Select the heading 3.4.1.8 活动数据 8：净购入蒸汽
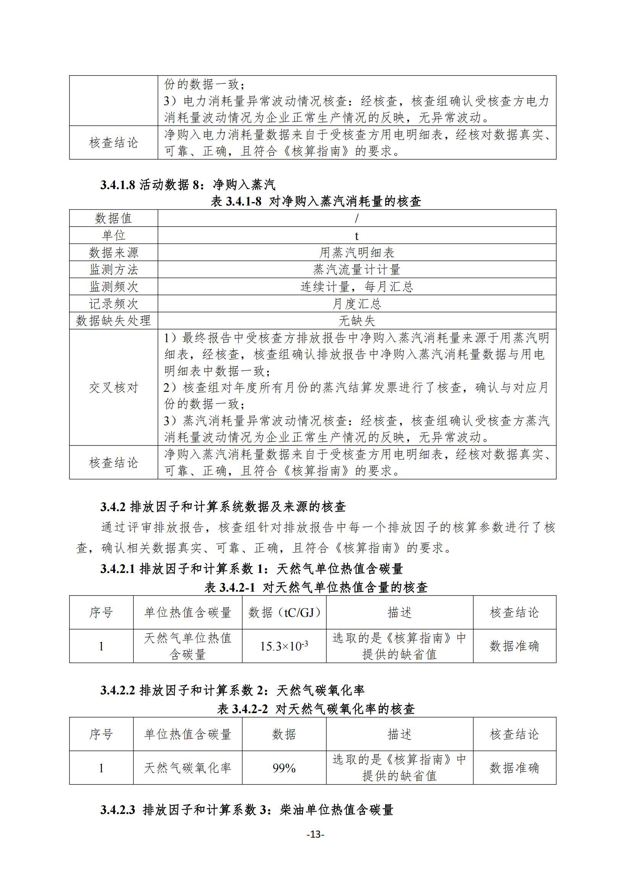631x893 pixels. click(x=188, y=184)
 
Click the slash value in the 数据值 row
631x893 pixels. click(x=357, y=218)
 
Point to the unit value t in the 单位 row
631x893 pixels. click(x=357, y=236)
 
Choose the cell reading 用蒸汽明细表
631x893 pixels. click(x=357, y=252)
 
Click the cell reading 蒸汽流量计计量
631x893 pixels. click(x=357, y=270)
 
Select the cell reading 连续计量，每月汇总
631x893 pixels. click(x=357, y=286)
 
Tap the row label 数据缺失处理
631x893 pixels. click(x=113, y=320)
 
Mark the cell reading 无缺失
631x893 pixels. click(x=357, y=321)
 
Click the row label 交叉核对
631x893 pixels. click(x=113, y=387)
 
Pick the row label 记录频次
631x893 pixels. click(x=113, y=303)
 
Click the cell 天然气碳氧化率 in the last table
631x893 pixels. click(x=187, y=768)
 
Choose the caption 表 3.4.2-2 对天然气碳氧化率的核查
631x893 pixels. click(x=315, y=709)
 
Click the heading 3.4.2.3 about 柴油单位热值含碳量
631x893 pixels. click(x=247, y=810)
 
